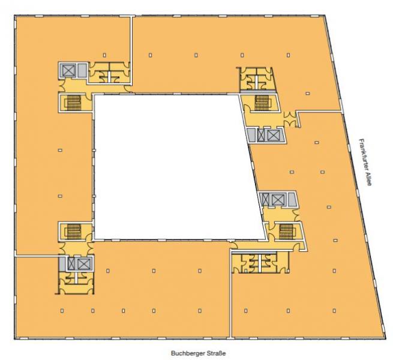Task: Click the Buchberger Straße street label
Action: (x=198, y=353)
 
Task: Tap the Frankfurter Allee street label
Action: (x=365, y=162)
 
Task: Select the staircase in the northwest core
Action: (x=73, y=103)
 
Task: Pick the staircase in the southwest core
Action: (x=73, y=232)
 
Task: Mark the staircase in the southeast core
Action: (x=286, y=232)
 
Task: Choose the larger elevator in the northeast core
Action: (x=274, y=136)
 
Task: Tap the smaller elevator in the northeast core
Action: (x=261, y=136)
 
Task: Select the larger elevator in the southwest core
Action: (x=83, y=264)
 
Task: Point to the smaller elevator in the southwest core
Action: (x=71, y=264)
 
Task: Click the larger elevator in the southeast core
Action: (x=277, y=200)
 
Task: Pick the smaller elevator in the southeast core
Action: (x=265, y=200)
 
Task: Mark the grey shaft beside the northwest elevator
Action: (x=81, y=70)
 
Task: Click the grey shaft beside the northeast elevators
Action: (x=251, y=136)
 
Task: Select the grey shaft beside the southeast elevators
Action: (x=291, y=200)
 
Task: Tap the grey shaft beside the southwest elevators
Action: (x=62, y=264)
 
